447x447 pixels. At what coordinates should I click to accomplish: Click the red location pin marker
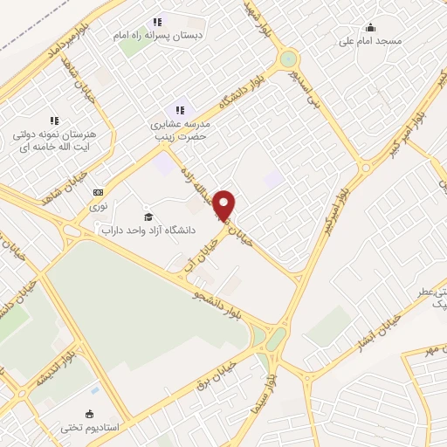[225, 205]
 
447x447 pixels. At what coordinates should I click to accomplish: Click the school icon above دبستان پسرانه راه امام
[157, 22]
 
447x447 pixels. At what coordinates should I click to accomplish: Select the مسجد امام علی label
[371, 40]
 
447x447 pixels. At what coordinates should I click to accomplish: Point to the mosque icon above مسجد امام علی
[370, 26]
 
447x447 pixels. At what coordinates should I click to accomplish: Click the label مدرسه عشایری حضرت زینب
[180, 130]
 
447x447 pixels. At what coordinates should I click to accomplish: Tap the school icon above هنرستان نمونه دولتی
[53, 120]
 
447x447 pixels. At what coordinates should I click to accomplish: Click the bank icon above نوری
[98, 192]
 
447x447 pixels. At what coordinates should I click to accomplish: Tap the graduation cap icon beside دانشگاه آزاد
[148, 217]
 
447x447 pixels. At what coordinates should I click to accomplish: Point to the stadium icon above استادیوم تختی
[89, 414]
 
